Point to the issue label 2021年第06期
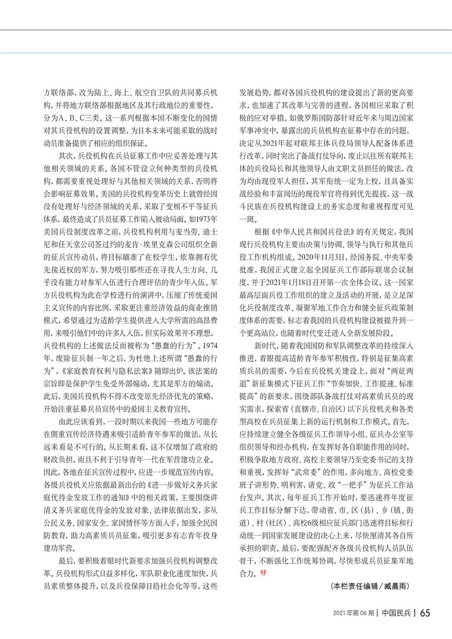pyautogui.click(x=354, y=613)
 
